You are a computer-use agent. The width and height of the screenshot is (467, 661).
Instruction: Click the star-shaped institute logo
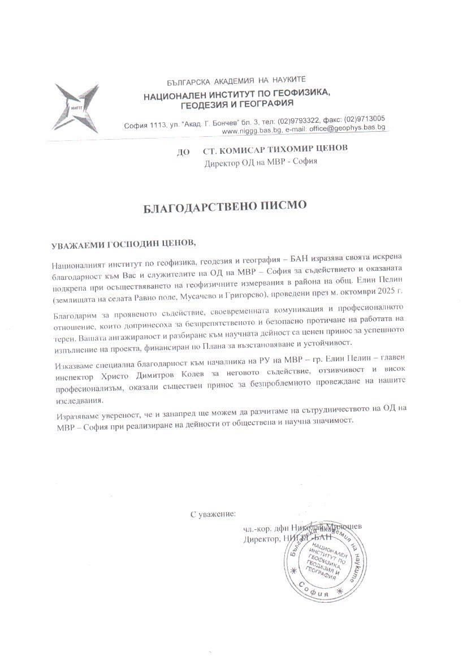[76, 107]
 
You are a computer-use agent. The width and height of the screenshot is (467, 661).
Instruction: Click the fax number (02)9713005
[365, 118]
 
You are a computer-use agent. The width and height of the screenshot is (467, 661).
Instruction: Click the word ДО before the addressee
[183, 152]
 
